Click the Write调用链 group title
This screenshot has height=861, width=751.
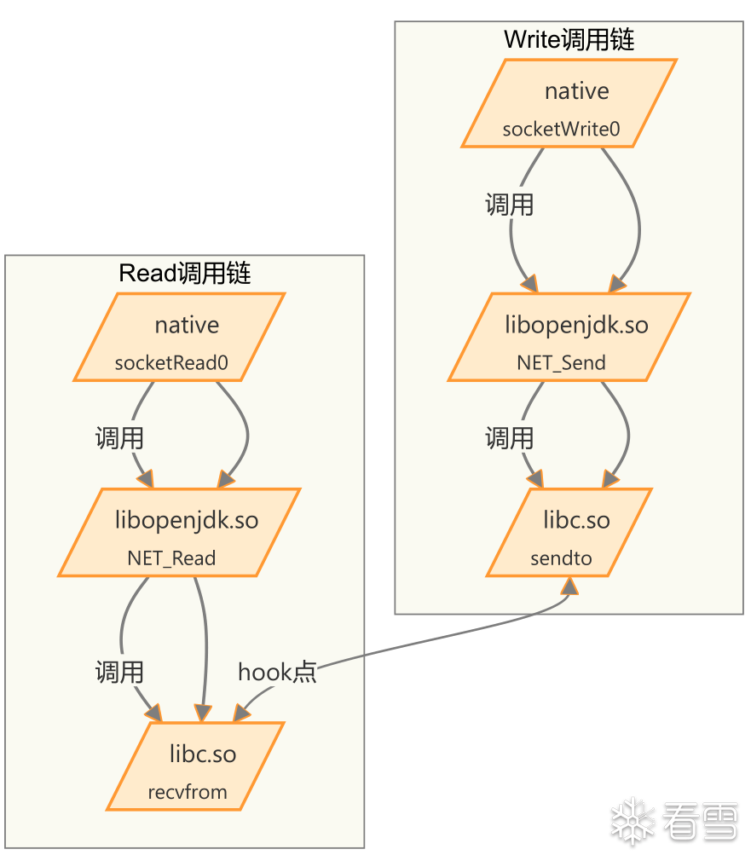click(x=569, y=40)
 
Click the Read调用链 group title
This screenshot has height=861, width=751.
click(x=184, y=274)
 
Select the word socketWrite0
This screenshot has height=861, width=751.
click(x=561, y=130)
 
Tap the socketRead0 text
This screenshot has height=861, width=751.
click(x=171, y=363)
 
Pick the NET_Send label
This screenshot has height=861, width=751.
click(x=561, y=363)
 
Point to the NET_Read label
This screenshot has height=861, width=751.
click(x=171, y=559)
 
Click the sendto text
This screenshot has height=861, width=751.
click(x=561, y=559)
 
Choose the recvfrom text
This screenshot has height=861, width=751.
click(x=188, y=792)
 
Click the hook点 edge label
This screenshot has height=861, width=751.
click(x=277, y=673)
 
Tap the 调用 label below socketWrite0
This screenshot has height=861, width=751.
click(x=509, y=205)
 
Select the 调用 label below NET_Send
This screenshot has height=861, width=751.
click(x=509, y=438)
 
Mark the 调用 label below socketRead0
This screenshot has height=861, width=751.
click(x=119, y=439)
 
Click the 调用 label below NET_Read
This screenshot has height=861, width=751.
click(x=119, y=673)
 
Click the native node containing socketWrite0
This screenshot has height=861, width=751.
click(x=569, y=103)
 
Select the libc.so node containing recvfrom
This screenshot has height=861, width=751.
click(x=195, y=766)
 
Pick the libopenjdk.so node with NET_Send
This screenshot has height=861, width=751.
click(x=569, y=337)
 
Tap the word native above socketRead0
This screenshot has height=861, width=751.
click(x=187, y=326)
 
